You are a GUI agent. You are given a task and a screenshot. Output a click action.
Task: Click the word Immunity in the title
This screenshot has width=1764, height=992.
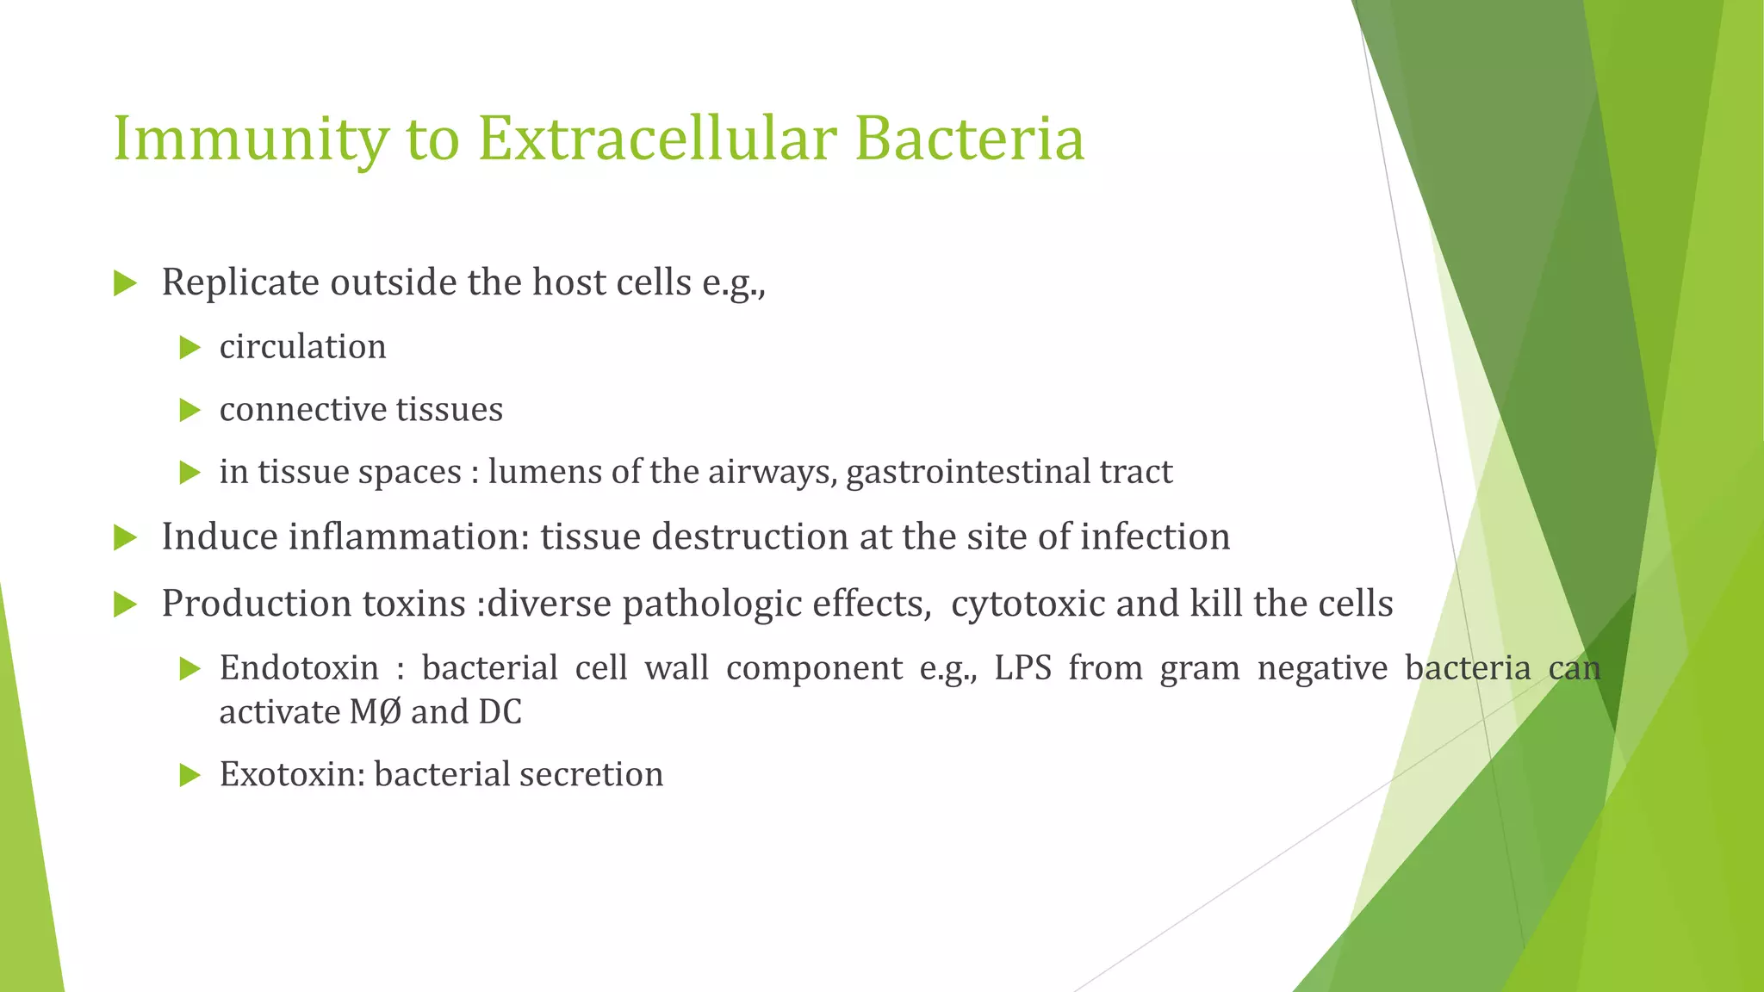pos(250,139)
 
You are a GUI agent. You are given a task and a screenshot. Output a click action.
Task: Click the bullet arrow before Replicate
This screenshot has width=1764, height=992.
pos(126,283)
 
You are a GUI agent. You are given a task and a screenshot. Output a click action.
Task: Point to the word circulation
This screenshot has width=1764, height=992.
pos(302,347)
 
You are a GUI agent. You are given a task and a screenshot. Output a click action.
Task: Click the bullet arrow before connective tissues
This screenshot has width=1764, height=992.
pos(189,410)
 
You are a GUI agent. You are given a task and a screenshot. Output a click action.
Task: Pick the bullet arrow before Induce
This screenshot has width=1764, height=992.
pos(126,538)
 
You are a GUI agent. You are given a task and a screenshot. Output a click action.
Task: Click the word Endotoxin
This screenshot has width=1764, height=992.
pos(299,668)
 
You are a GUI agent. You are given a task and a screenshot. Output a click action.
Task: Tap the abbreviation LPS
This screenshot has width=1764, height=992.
pos(1022,668)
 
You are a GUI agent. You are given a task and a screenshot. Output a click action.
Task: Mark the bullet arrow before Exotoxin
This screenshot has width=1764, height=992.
pos(189,776)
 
